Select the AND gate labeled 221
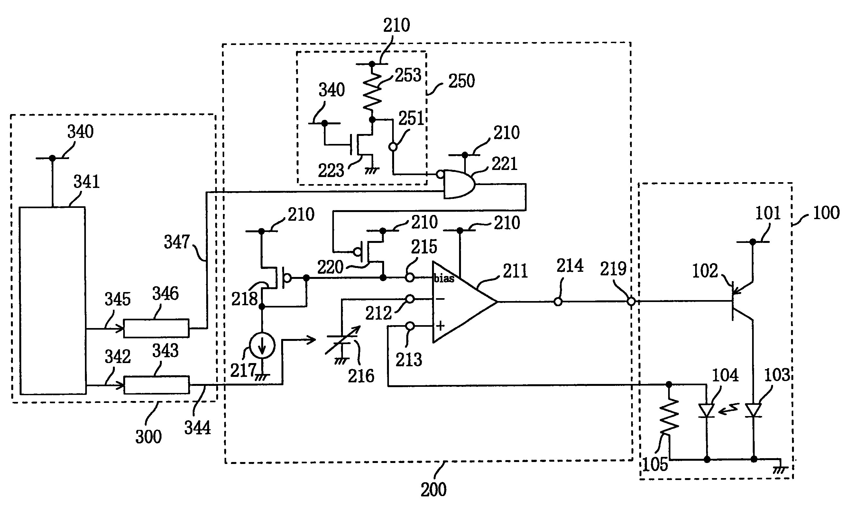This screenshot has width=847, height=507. point(458,184)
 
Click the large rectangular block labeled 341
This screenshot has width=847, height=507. point(52,301)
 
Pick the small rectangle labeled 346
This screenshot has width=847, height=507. point(156,328)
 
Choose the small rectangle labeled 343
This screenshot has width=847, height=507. point(156,385)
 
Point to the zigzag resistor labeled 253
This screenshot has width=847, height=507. point(372,92)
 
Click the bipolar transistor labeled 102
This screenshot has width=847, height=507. point(739,301)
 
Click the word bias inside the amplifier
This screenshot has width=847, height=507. point(444,279)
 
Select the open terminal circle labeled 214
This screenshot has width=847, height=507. point(558,302)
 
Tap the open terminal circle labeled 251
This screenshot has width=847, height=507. point(393,147)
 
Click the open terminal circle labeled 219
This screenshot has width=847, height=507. point(631,302)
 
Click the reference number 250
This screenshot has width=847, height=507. point(462,81)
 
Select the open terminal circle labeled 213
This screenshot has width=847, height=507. point(410,326)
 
